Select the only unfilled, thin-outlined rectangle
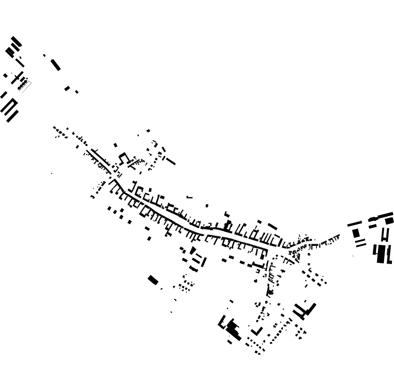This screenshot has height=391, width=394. tap(26, 87)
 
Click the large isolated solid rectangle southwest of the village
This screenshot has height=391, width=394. tap(153, 280)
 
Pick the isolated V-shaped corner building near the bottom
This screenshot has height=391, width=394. tap(256, 331)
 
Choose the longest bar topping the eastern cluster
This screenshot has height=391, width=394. tap(386, 215)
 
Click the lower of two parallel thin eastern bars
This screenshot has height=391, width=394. tap(361, 245)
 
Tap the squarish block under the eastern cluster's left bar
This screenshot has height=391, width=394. tap(356, 233)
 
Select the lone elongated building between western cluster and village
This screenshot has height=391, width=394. tap(55, 65)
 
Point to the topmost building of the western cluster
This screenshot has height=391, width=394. tap(17, 41)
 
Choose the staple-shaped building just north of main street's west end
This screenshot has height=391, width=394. tap(123, 158)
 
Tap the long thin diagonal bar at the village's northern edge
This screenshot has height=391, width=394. tap(170, 161)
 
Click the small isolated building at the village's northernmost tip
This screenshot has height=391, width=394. tap(148, 131)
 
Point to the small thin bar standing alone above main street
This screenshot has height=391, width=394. tap(189, 197)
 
